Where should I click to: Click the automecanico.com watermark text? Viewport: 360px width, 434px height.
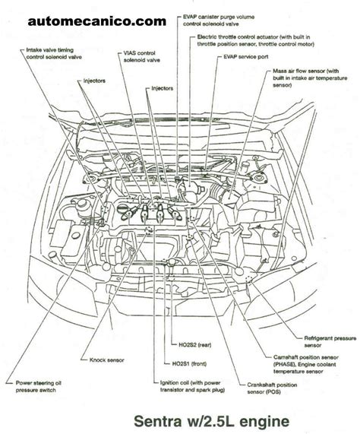tap(96, 21)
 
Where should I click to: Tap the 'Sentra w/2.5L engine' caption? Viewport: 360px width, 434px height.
tap(212, 421)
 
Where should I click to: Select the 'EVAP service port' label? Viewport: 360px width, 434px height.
tap(246, 57)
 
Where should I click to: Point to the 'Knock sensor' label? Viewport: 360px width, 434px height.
tap(107, 360)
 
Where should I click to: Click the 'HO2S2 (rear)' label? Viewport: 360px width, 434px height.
tap(195, 345)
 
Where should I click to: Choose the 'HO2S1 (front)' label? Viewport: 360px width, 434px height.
tap(189, 364)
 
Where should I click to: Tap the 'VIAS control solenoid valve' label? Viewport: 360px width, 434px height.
tap(141, 56)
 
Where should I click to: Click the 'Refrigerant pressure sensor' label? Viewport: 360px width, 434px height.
tap(330, 341)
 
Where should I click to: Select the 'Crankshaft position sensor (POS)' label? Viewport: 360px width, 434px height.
tap(272, 388)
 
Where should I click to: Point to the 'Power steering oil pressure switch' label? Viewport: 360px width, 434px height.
tap(39, 387)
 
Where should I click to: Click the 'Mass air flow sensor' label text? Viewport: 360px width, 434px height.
tap(298, 71)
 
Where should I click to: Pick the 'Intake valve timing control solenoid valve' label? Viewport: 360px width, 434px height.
tap(54, 53)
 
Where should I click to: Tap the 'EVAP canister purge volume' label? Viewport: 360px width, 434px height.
tap(219, 17)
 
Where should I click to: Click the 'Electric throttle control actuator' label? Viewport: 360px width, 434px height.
tap(238, 36)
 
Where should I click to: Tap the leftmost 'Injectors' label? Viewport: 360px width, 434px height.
tap(95, 81)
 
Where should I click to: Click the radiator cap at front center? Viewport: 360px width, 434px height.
tap(172, 261)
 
